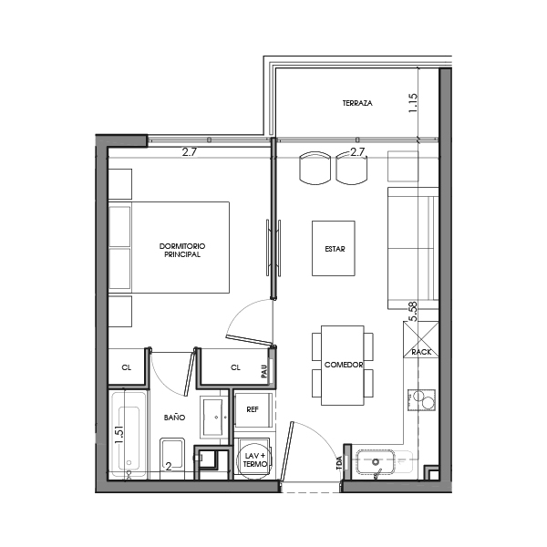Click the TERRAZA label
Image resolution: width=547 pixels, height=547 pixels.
point(357,104)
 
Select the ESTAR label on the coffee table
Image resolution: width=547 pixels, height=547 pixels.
point(334,248)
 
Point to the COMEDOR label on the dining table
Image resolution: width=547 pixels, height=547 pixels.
point(344,365)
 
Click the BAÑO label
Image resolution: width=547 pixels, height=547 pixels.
point(175,416)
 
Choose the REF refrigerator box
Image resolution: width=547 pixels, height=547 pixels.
point(253,409)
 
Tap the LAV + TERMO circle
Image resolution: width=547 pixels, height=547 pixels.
point(254,459)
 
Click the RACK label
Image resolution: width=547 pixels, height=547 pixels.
point(421,352)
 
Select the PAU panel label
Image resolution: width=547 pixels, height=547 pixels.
point(263,371)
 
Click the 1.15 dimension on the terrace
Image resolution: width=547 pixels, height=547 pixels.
point(413,101)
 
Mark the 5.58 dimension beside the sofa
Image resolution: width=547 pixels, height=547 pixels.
point(413,312)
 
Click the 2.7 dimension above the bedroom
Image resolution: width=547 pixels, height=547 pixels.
point(190,152)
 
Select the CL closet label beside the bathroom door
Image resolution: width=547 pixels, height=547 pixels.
point(127,368)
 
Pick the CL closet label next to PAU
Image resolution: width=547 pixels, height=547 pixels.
point(235,368)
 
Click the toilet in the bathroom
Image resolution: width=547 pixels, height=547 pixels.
point(172,455)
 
